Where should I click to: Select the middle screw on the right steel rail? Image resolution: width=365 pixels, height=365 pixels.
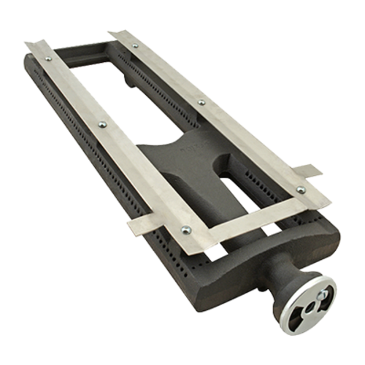pyautogui.click(x=201, y=103)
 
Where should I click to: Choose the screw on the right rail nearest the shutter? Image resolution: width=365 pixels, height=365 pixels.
pyautogui.click(x=300, y=190)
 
